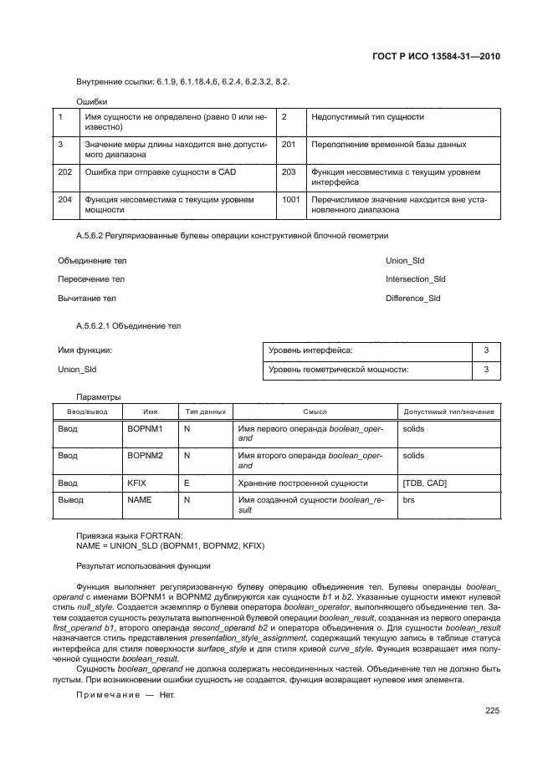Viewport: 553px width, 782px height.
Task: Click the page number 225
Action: [492, 711]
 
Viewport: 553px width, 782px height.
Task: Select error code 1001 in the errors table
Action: [291, 200]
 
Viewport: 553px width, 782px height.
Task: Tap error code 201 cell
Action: [289, 145]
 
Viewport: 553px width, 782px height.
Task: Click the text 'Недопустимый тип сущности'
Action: [367, 117]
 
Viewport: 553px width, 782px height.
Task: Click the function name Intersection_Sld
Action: [415, 279]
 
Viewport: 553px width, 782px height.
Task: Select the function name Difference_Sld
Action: [412, 299]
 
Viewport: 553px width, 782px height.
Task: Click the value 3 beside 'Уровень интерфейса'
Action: [486, 350]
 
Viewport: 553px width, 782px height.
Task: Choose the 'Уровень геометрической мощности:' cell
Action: [344, 369]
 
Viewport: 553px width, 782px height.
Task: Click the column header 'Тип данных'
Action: [204, 411]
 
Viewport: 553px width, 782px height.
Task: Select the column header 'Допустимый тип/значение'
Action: [448, 411]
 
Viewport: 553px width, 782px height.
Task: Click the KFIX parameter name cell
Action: [136, 483]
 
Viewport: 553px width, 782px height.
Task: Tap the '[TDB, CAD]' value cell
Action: [425, 483]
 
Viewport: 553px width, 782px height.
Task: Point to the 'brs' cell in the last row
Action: [409, 499]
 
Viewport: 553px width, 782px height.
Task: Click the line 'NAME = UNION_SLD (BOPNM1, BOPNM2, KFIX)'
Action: [170, 546]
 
